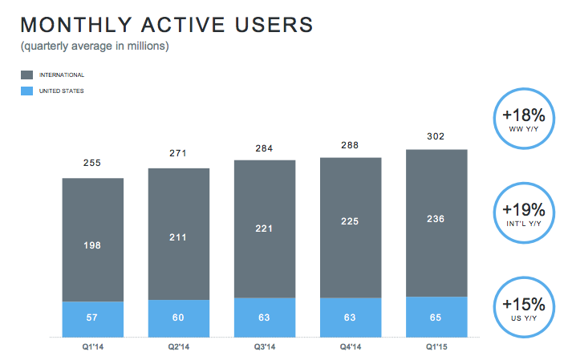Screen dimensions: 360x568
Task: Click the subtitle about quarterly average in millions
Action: [x=95, y=47]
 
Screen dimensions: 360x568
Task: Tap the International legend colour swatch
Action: [x=27, y=75]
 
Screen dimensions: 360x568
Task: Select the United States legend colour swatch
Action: [x=27, y=91]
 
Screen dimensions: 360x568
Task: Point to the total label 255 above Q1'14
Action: [x=93, y=164]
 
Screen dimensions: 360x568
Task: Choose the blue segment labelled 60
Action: [x=179, y=318]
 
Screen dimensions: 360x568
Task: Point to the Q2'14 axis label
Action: [x=179, y=346]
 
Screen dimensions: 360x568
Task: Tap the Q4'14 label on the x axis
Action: [x=351, y=346]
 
